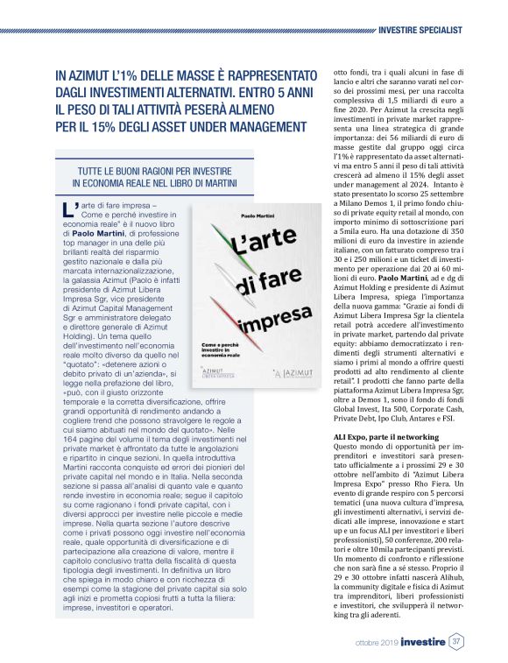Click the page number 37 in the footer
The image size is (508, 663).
(456, 642)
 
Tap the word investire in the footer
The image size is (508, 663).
(424, 642)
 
